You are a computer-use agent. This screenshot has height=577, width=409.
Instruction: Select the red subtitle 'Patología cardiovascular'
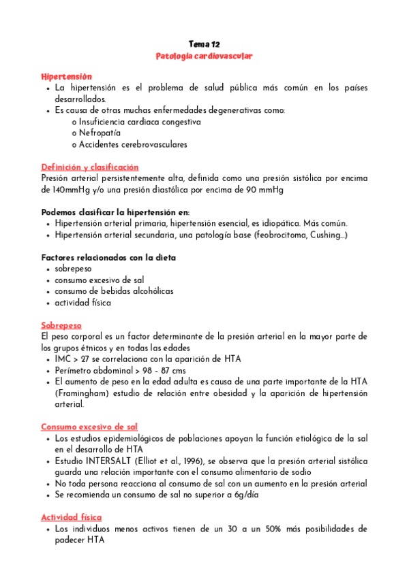[x=204, y=56]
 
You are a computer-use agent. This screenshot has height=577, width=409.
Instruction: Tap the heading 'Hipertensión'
[x=66, y=76]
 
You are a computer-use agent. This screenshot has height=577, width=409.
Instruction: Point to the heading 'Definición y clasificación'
[x=89, y=167]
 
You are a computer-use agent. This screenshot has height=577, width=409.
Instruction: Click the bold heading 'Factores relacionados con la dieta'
[x=108, y=257]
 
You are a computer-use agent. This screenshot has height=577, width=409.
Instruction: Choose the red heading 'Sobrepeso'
[x=61, y=325]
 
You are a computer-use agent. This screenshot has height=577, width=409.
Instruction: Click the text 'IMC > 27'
[x=72, y=359]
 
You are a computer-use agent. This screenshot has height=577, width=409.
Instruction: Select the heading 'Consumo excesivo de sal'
[x=89, y=427]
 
